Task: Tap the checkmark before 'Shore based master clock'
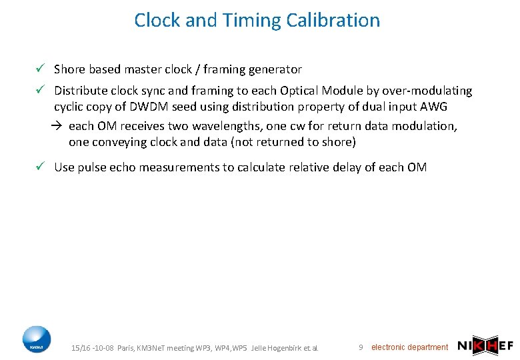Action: pos(41,69)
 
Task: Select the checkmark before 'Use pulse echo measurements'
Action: pos(41,167)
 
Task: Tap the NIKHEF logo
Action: pos(485,346)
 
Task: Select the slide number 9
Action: pos(361,347)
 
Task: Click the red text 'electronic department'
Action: pos(409,347)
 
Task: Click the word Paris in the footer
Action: pos(125,348)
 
